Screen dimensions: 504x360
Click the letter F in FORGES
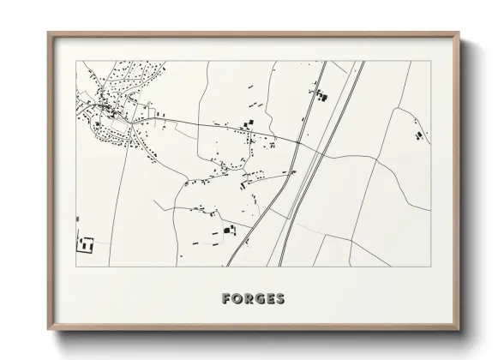(226, 299)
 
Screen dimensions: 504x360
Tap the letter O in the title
(237, 299)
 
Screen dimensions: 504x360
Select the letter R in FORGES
(249, 299)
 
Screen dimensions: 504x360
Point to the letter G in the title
(260, 299)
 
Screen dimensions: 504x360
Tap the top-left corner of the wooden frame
(48, 33)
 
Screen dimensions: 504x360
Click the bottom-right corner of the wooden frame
(460, 330)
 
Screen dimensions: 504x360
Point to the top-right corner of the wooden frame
(460, 33)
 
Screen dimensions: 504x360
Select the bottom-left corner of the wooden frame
(48, 330)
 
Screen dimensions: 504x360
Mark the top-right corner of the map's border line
(430, 61)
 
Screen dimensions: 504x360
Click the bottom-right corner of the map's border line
(430, 267)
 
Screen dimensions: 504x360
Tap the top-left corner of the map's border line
(77, 61)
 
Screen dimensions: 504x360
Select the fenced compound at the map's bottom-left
(85, 243)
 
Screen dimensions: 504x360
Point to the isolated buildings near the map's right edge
(417, 135)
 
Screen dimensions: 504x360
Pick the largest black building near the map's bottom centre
(228, 230)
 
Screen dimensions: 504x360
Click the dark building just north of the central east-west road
(251, 125)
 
